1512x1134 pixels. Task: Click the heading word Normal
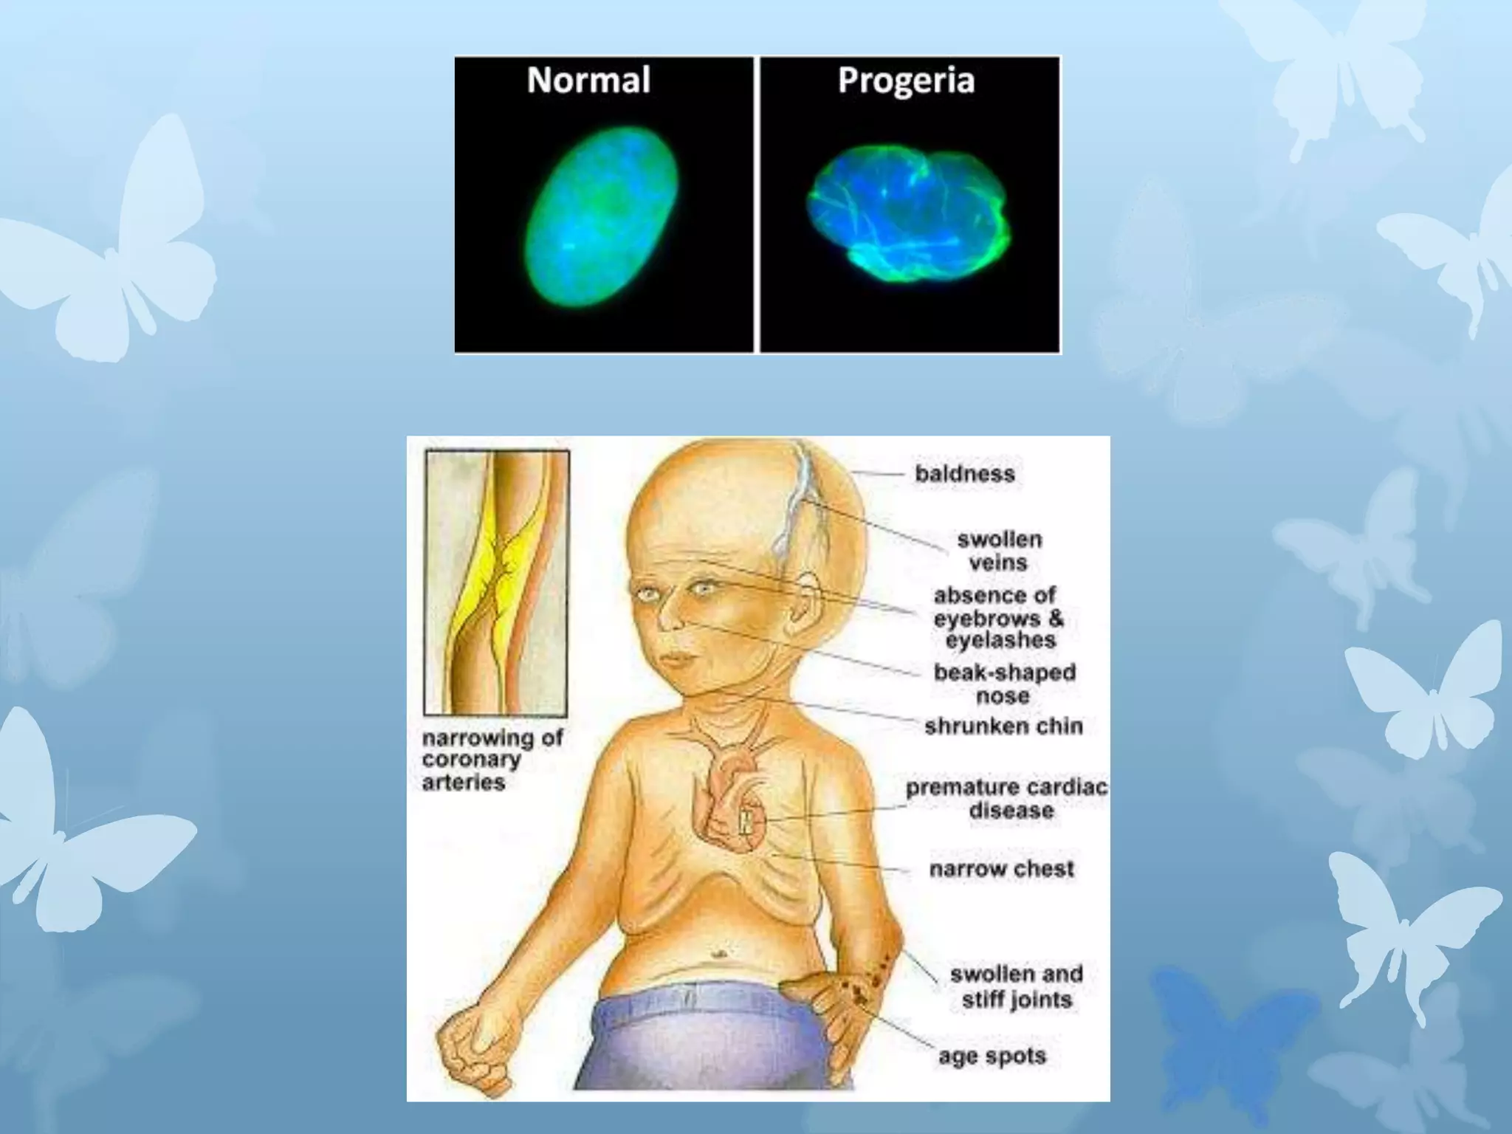[588, 80]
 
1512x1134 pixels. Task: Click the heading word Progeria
[906, 80]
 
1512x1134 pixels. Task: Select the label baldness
[965, 474]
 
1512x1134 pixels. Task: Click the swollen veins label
[999, 551]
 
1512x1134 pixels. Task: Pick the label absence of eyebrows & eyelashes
[998, 618]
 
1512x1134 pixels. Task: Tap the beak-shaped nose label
[1004, 684]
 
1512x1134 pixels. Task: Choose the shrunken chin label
[1003, 726]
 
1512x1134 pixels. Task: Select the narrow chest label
[1001, 869]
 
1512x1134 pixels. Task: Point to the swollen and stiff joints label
[1016, 986]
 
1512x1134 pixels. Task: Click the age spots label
[992, 1056]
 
